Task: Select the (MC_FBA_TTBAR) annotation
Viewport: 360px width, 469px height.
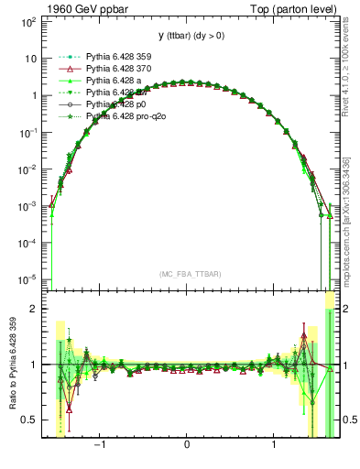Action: point(187,274)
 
